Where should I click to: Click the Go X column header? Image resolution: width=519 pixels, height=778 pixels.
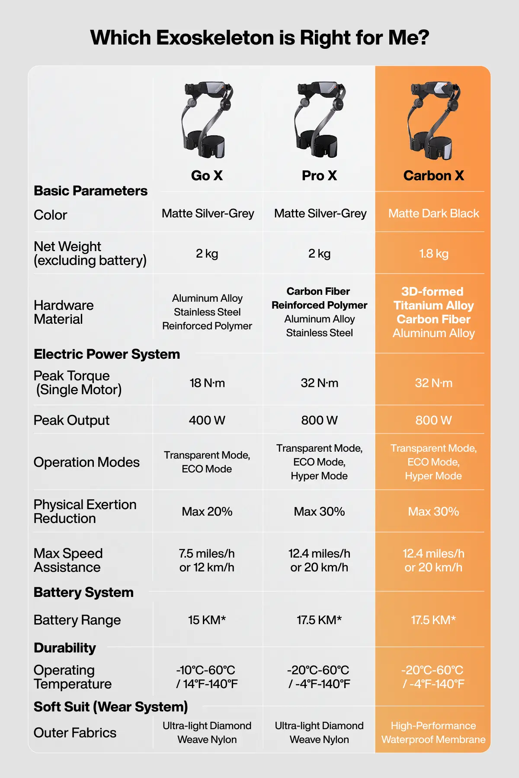coord(207,175)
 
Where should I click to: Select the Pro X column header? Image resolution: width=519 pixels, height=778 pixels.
coord(319,175)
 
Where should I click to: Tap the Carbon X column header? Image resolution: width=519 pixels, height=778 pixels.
coord(433,175)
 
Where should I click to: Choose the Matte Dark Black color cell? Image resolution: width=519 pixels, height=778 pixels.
coord(433,214)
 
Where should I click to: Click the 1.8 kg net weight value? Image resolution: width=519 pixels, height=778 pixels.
coord(433,253)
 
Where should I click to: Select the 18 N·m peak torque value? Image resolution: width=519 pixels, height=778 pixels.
coord(207,383)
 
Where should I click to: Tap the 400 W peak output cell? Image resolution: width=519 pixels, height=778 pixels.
coord(207,420)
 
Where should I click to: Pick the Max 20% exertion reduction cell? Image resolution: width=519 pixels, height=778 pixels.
coord(207,512)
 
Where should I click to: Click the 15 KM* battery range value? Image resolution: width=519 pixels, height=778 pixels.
coord(207,620)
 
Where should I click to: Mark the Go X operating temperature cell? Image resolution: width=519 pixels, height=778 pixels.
coord(207,677)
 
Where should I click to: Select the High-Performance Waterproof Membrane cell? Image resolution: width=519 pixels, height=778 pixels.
coord(433,733)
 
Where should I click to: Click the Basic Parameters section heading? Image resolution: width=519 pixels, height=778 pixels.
coord(90,191)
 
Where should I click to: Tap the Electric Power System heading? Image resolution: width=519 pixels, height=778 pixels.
coord(107,354)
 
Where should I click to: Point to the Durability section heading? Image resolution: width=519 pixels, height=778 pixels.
coord(65,648)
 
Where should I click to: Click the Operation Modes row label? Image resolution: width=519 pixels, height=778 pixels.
coord(86,462)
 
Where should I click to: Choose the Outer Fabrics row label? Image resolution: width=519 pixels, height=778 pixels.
coord(75,733)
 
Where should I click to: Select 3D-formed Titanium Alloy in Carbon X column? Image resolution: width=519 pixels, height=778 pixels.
coord(433,299)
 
